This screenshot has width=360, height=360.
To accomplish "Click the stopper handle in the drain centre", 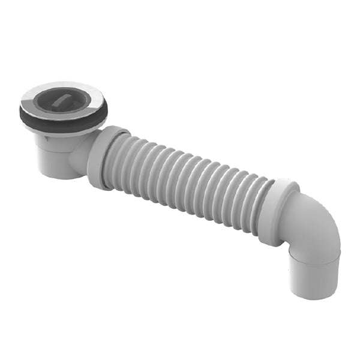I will [63, 100].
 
